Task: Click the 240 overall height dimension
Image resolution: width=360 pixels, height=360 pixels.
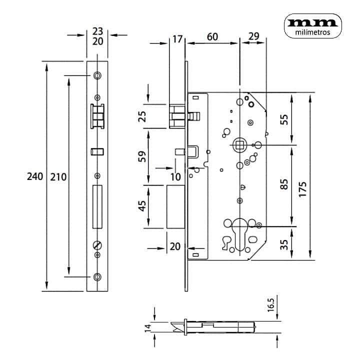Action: tap(35, 176)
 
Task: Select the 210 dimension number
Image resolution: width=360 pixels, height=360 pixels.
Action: tap(58, 177)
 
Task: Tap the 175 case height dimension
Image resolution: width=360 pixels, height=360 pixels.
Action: tap(303, 189)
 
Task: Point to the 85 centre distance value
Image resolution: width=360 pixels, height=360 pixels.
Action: tap(284, 184)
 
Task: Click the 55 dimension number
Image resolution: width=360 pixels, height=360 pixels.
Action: tap(284, 119)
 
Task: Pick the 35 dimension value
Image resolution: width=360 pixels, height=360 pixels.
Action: tap(284, 244)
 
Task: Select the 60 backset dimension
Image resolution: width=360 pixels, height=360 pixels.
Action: tap(212, 36)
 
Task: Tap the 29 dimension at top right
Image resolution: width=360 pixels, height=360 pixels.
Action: tap(254, 36)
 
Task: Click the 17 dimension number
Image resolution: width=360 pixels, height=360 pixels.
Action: tap(177, 39)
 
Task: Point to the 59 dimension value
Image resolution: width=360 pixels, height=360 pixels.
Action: tap(142, 156)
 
